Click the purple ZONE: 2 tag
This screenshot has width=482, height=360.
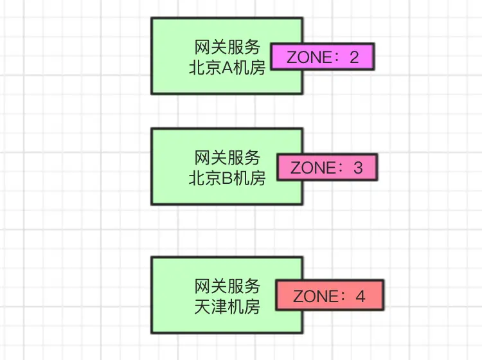tap(322, 57)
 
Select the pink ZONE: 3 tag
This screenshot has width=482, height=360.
tap(326, 168)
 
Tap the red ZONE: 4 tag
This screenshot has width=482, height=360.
tap(330, 296)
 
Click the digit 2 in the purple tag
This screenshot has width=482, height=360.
tap(354, 57)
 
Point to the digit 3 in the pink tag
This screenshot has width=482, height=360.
tap(358, 168)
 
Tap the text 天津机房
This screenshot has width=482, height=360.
tap(227, 307)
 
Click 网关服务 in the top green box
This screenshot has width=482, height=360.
tap(227, 47)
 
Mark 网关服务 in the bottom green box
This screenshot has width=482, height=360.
tap(227, 286)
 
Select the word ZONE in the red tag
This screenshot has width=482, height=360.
tap(315, 296)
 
